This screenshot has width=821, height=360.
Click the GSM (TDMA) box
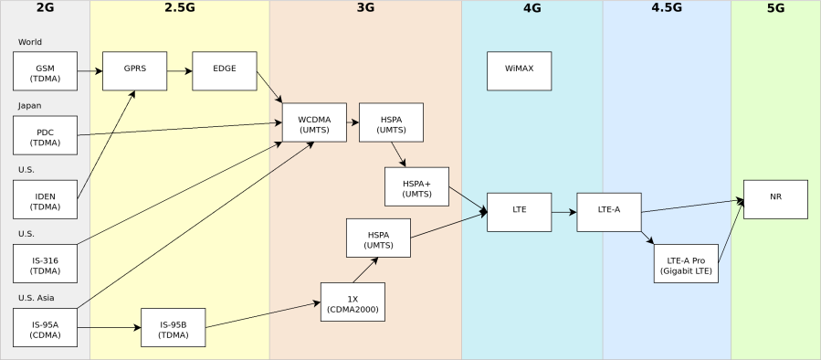click(x=45, y=71)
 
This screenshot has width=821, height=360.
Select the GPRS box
click(x=134, y=71)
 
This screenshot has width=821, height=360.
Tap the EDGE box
click(x=224, y=71)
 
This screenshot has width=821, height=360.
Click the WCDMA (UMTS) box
click(x=314, y=122)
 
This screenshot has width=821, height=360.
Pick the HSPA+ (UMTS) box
click(x=416, y=186)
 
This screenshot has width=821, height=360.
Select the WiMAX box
click(x=519, y=71)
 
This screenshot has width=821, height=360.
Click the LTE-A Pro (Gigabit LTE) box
click(x=686, y=264)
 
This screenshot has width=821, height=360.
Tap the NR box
click(x=775, y=199)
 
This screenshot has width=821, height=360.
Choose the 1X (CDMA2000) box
click(x=353, y=302)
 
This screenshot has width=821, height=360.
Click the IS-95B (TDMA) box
click(x=173, y=328)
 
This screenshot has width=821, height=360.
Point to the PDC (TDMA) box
click(x=45, y=135)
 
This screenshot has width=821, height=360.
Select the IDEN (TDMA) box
click(x=45, y=199)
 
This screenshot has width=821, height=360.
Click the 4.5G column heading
click(x=667, y=8)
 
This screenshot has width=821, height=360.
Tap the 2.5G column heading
click(x=180, y=8)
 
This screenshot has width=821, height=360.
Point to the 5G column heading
click(x=775, y=8)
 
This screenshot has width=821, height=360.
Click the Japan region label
click(x=29, y=106)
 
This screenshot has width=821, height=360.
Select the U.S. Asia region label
click(x=36, y=298)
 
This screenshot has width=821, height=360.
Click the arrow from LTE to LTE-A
click(x=563, y=212)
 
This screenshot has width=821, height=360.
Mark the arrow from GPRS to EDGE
click(x=179, y=71)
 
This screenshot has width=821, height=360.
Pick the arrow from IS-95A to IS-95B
click(x=109, y=327)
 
